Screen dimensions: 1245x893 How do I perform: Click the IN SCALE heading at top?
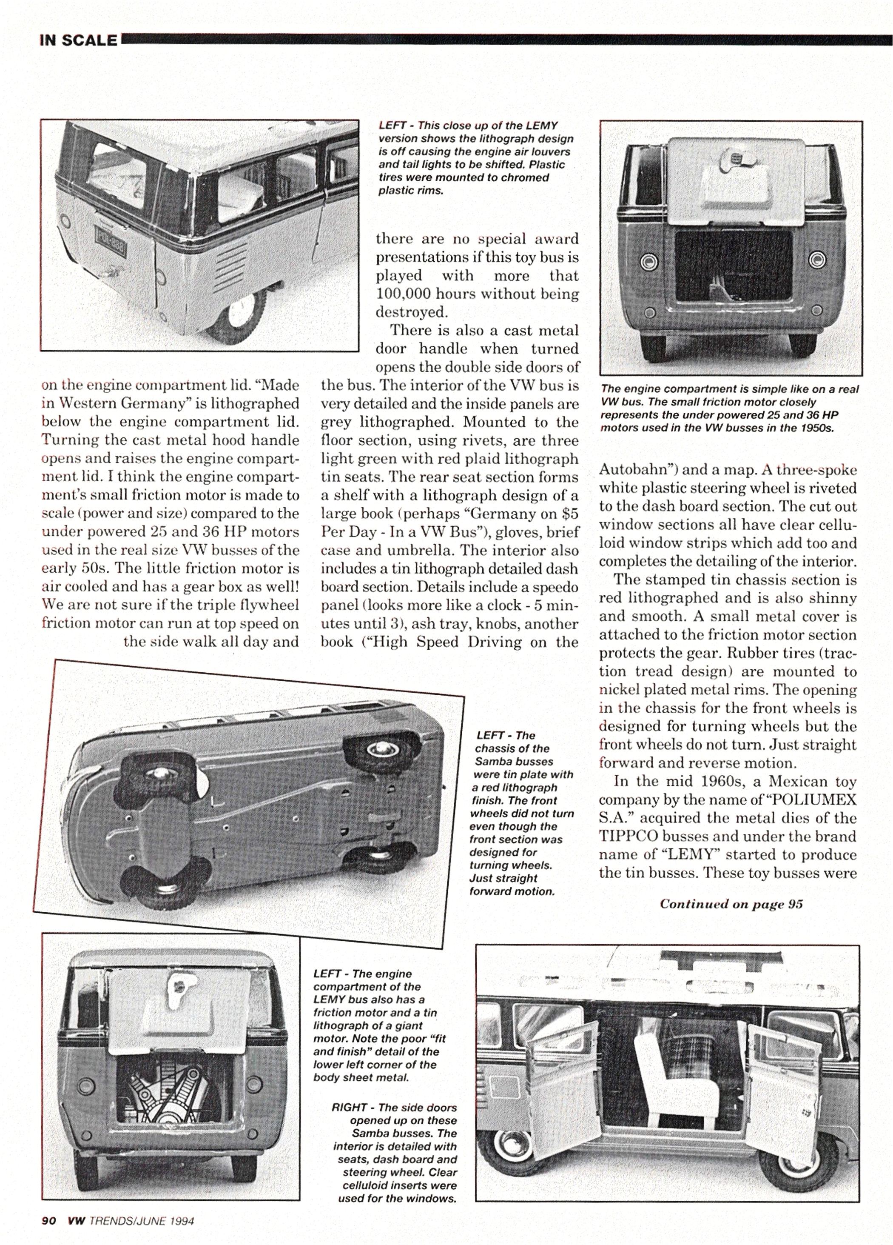coord(78,40)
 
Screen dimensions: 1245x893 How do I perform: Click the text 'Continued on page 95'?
coord(731,904)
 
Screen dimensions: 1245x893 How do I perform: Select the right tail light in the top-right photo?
coord(817,259)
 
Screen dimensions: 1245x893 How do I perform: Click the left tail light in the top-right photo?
coord(649,259)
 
